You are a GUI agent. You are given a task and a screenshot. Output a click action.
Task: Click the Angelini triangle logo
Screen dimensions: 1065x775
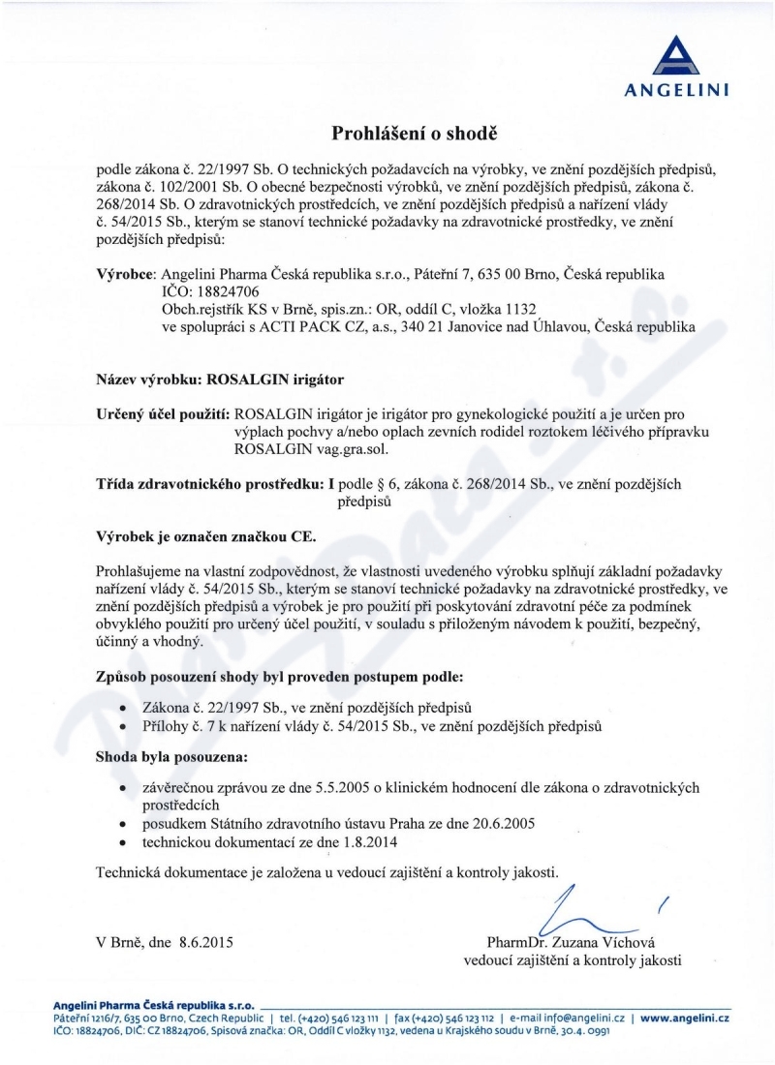[x=683, y=56]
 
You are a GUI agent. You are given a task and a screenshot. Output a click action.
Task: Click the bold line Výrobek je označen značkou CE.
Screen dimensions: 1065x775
[x=206, y=535]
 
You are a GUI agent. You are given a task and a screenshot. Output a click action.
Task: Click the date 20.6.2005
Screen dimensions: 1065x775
[x=501, y=823]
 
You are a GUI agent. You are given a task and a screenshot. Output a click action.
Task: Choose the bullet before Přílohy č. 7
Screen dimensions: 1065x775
[x=122, y=725]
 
